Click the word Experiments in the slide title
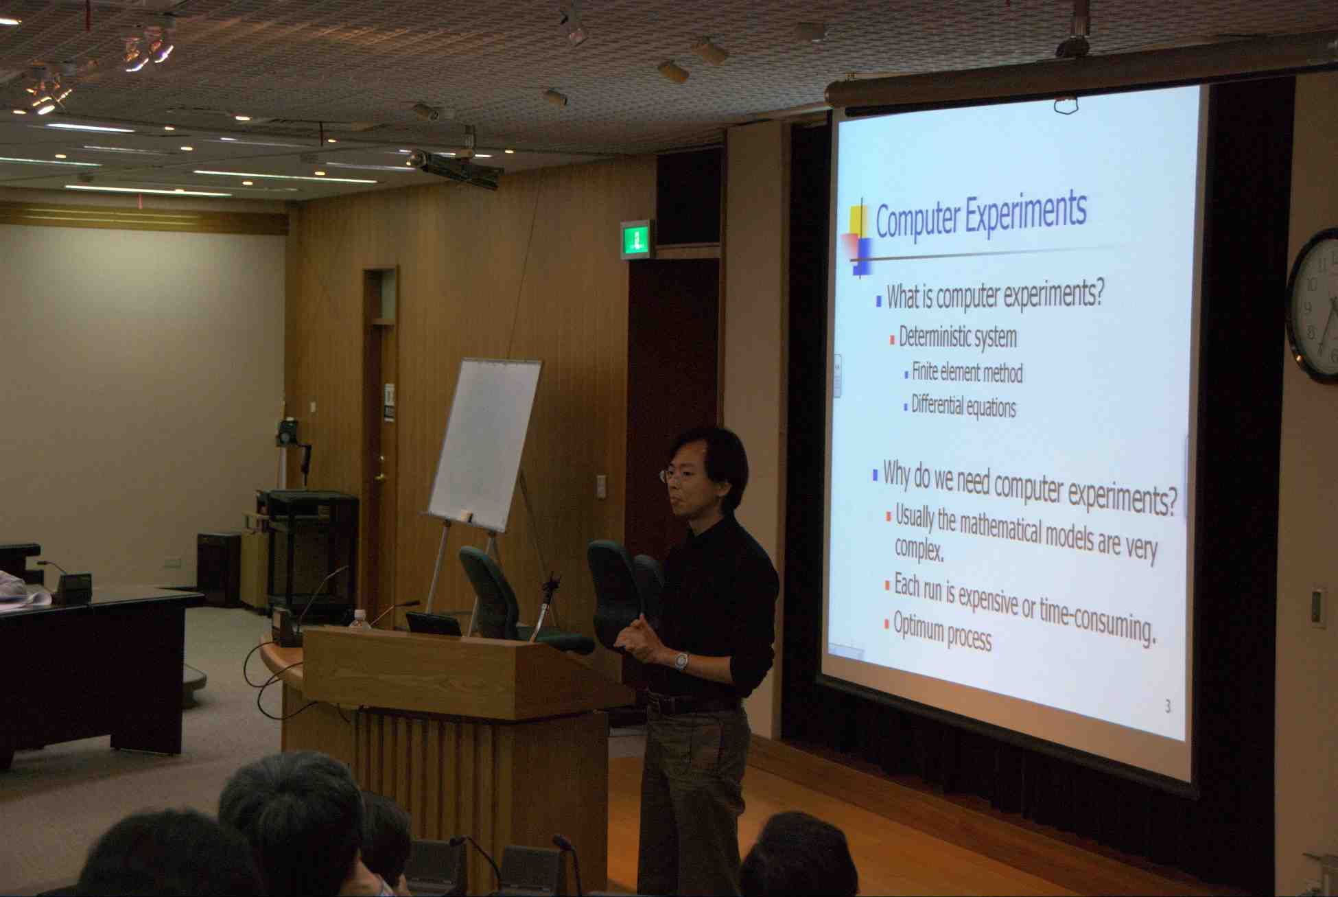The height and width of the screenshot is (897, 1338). coord(1026,213)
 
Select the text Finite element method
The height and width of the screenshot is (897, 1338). coord(967,372)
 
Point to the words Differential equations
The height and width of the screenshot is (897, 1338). coord(963,406)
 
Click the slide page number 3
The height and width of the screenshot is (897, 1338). coord(1168,706)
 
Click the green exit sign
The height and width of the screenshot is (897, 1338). coord(636,239)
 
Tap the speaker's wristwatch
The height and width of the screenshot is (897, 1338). coord(681,660)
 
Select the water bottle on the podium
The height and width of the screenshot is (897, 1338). coord(360,619)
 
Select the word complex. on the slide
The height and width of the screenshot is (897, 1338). coord(919,550)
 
